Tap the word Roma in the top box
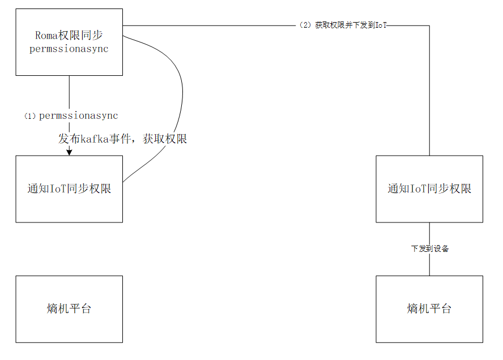tap(46, 35)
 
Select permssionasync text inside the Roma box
tap(69, 49)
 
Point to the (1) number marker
tap(30, 116)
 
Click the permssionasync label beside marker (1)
tap(78, 115)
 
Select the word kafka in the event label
tap(94, 139)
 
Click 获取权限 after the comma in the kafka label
tap(165, 139)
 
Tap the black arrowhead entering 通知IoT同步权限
tap(69, 152)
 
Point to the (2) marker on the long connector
tap(305, 25)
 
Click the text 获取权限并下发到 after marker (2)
tap(345, 25)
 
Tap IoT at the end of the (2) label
tap(381, 25)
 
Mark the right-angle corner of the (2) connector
tap(429, 25)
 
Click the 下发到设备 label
tap(430, 248)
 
